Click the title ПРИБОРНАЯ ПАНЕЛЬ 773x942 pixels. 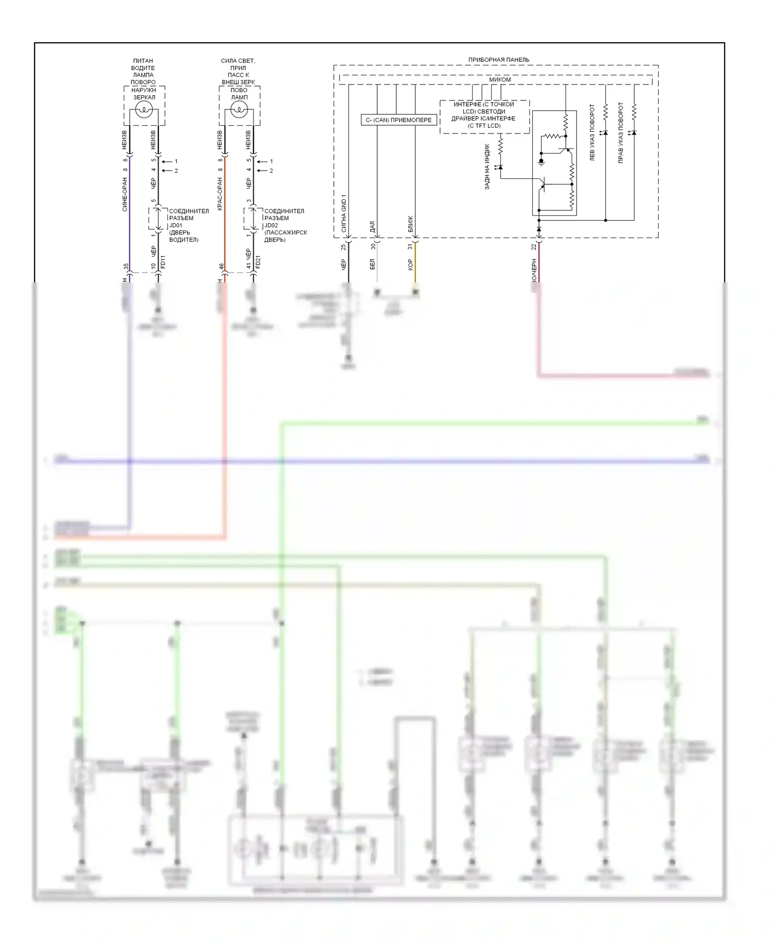498,60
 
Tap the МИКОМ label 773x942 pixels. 499,80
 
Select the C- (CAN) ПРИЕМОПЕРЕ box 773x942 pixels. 399,120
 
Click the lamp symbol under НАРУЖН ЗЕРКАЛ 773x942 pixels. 144,109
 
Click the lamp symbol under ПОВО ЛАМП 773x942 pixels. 239,109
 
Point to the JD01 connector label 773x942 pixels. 176,225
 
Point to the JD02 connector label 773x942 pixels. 271,225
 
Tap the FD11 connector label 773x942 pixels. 163,262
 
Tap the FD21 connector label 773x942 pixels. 258,262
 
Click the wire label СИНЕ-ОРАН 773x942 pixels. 125,194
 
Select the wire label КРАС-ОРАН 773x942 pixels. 220,194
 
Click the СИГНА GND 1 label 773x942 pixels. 344,213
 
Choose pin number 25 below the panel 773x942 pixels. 344,247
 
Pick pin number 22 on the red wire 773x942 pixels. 534,247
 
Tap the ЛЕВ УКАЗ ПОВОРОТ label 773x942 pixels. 592,132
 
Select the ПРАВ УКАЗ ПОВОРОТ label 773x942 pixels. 620,132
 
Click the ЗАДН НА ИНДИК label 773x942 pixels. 487,166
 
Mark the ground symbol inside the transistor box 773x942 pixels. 541,162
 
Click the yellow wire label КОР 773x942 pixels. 410,264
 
